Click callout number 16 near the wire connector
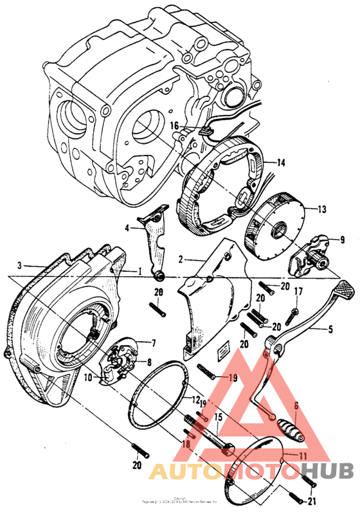(174, 127)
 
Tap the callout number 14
(280, 163)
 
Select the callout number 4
(127, 227)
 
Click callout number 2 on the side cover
(181, 259)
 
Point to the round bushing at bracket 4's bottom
(158, 276)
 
